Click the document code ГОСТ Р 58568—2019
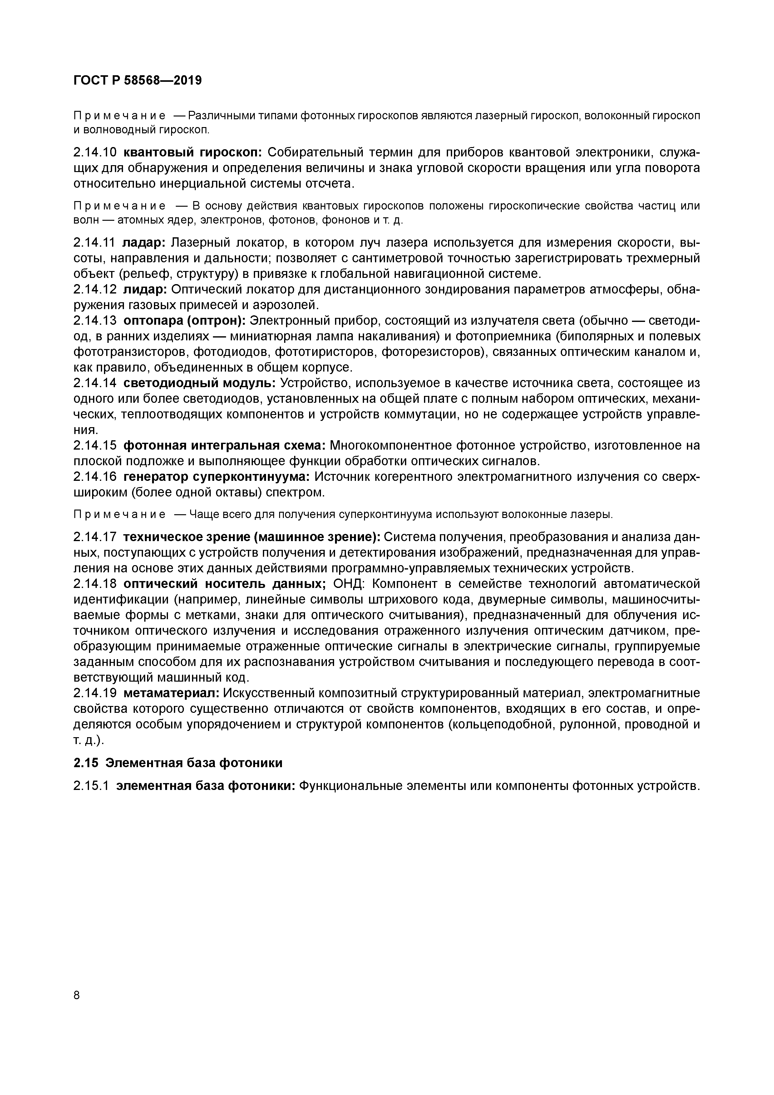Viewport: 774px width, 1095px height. [x=138, y=81]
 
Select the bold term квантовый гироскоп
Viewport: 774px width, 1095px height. [x=193, y=153]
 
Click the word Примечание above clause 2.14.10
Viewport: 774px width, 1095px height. [x=119, y=116]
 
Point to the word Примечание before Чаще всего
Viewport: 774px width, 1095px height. [x=119, y=515]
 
